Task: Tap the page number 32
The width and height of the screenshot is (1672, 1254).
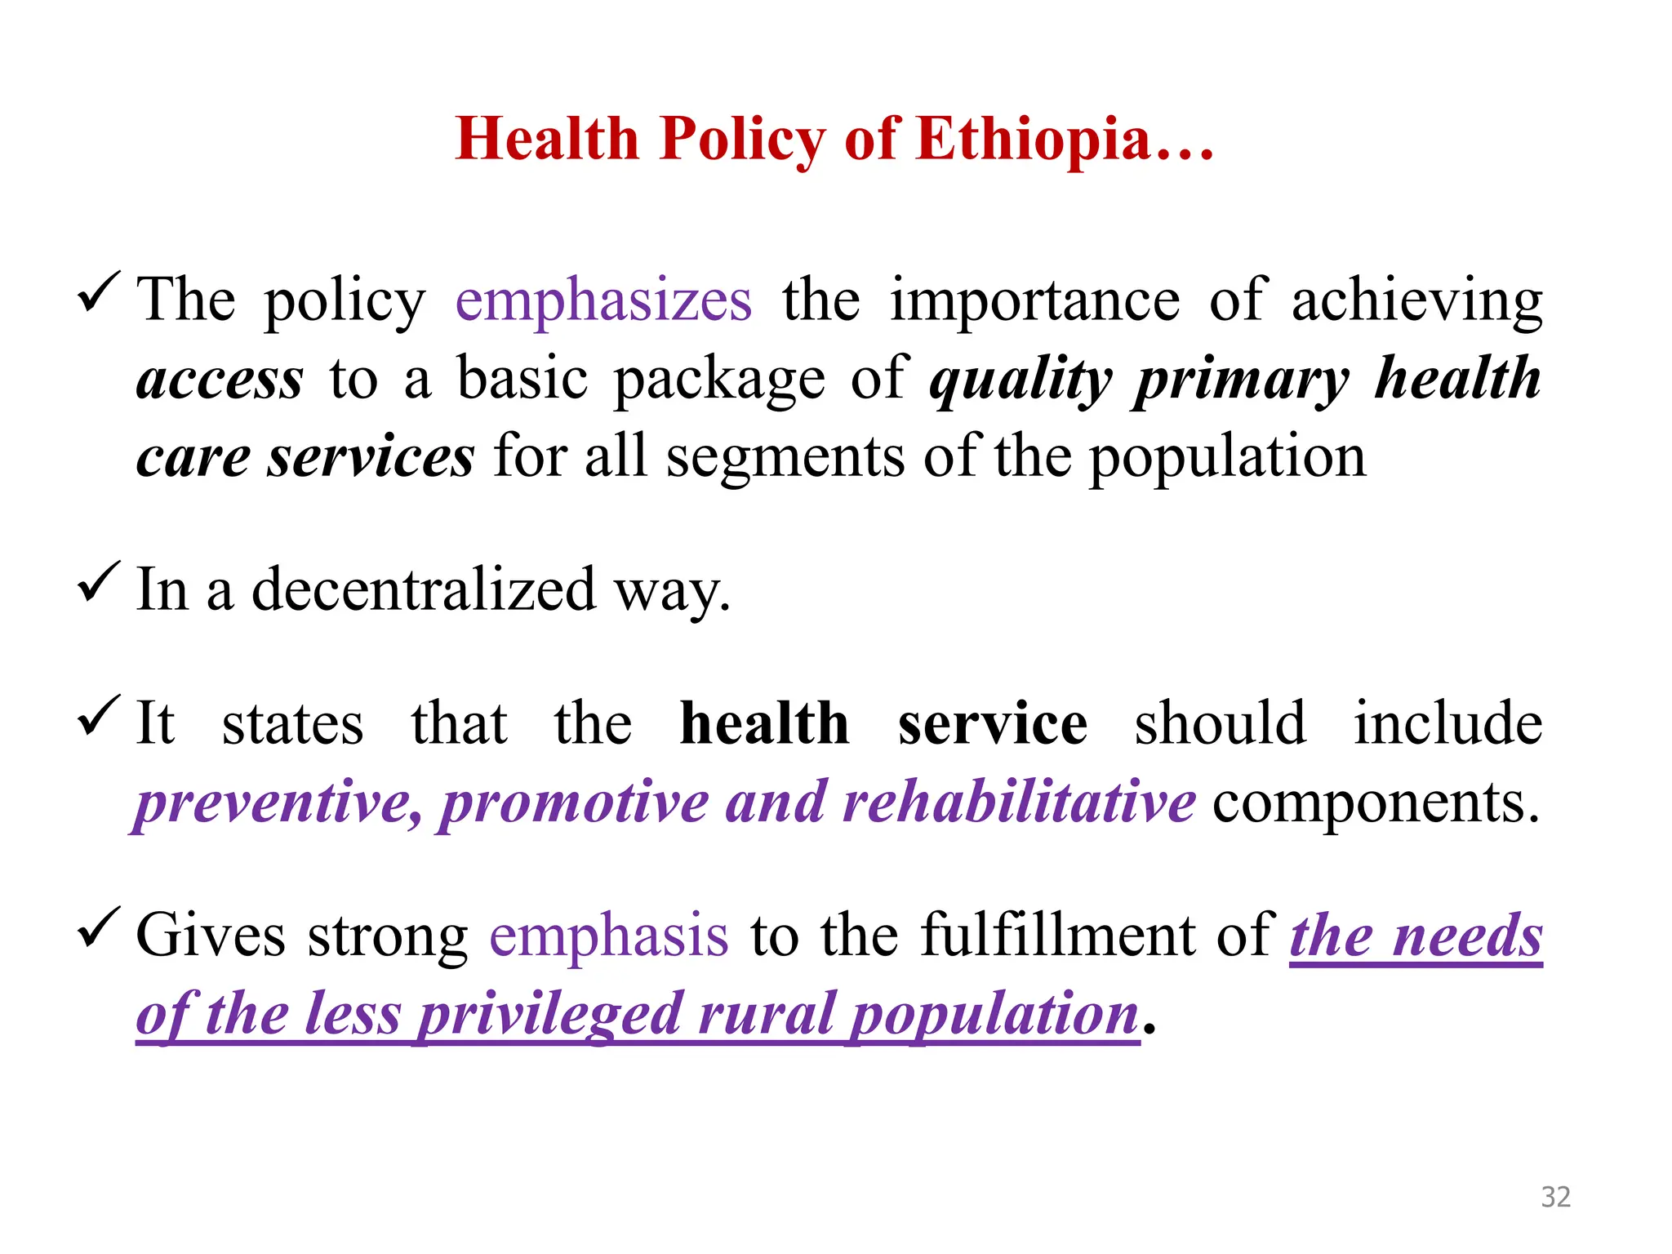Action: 1555,1197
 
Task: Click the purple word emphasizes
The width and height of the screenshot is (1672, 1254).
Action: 603,300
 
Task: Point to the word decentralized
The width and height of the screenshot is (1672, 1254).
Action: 424,589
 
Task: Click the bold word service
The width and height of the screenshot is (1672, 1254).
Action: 992,723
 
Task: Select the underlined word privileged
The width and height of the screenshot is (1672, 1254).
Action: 549,1014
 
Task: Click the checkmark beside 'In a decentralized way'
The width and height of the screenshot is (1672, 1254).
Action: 99,582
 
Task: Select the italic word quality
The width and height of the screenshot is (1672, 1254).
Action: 1021,380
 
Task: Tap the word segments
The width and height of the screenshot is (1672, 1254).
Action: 785,456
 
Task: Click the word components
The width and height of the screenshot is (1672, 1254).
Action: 1376,803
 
